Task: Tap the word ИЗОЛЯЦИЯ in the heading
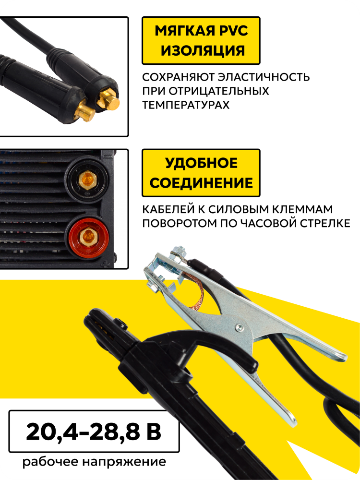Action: pos(203,50)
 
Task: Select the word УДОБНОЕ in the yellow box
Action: pos(202,163)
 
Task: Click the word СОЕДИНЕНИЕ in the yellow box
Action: pos(201,183)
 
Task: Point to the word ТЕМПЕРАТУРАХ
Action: pos(186,105)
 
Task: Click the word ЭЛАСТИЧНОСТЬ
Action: pos(264,77)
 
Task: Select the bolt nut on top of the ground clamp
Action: pos(178,252)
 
